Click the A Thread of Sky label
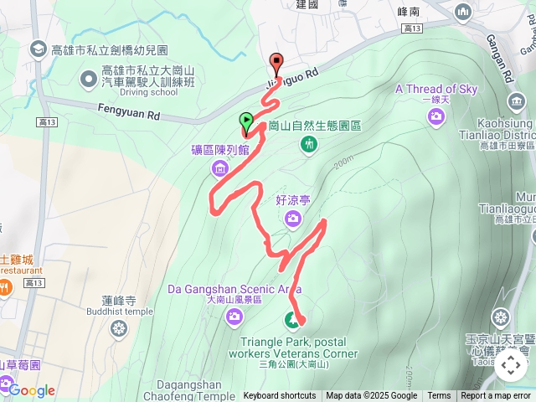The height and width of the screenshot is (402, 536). pyautogui.click(x=436, y=89)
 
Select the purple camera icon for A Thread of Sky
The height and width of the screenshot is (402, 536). pyautogui.click(x=435, y=116)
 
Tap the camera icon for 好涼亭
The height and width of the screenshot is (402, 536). pyautogui.click(x=292, y=219)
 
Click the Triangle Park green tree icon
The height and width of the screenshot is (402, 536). pyautogui.click(x=292, y=319)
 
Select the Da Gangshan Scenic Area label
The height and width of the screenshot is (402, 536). pyautogui.click(x=235, y=290)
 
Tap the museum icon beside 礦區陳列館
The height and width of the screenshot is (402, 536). pyautogui.click(x=220, y=169)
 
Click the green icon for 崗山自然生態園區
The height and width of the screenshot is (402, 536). pyautogui.click(x=309, y=145)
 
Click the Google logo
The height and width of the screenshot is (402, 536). pyautogui.click(x=32, y=390)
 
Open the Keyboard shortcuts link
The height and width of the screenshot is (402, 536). pyautogui.click(x=280, y=396)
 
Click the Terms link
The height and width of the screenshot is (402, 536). pyautogui.click(x=439, y=396)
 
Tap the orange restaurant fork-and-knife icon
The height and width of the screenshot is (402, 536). pyautogui.click(x=5, y=286)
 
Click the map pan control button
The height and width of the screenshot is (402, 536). pyautogui.click(x=510, y=365)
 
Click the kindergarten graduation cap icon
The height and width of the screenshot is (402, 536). pyautogui.click(x=39, y=49)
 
